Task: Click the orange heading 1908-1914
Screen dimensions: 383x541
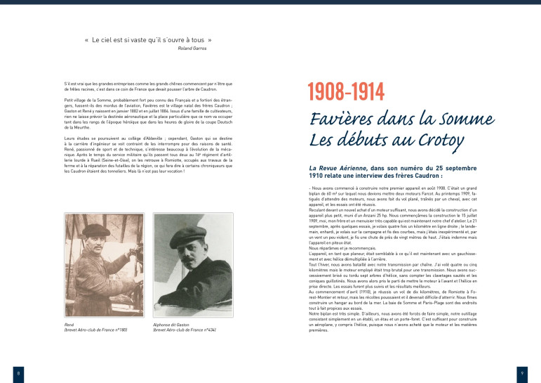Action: point(347,91)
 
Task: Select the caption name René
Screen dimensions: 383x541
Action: point(68,325)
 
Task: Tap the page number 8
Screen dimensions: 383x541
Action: point(18,372)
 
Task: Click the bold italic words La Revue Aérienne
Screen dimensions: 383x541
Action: point(338,169)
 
